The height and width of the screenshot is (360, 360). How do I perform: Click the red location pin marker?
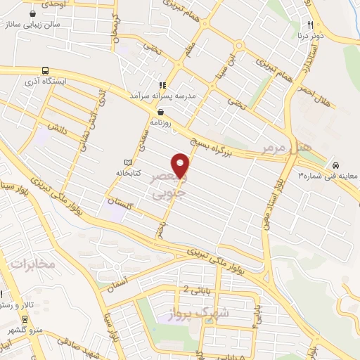coord(181,165)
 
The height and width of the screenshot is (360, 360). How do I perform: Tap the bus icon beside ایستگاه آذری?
coord(46,71)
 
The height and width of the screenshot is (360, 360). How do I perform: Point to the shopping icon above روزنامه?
coord(162,111)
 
